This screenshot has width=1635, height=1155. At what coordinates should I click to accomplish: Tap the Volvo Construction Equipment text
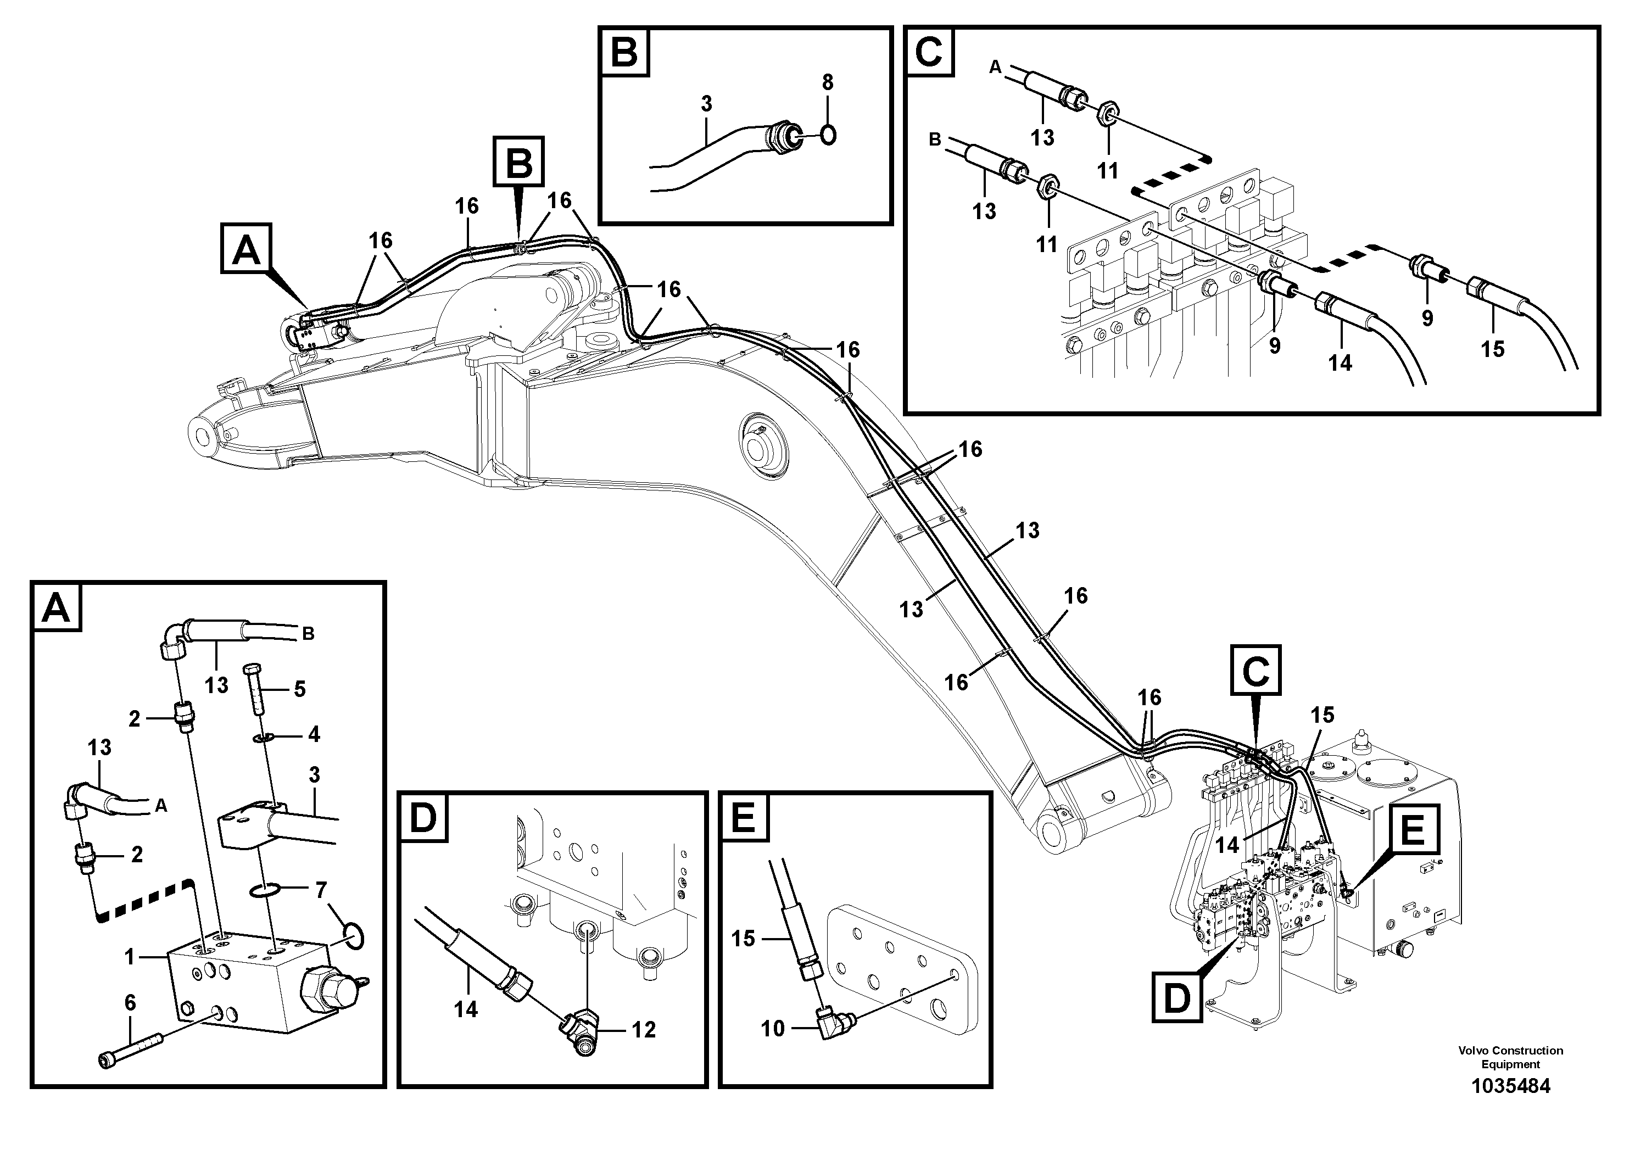(x=1510, y=1057)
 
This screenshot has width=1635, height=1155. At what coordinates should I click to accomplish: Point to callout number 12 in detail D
(x=643, y=1030)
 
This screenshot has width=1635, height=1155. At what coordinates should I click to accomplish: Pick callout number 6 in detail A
(x=130, y=1003)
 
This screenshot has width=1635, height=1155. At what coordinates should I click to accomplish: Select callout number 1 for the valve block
(x=130, y=958)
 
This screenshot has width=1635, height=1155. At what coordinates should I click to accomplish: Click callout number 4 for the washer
(x=314, y=734)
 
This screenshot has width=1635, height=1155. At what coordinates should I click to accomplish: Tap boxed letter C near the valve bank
(x=1255, y=670)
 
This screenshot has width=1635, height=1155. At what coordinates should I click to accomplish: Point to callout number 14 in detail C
(x=1340, y=363)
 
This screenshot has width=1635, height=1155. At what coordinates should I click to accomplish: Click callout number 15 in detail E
(x=742, y=939)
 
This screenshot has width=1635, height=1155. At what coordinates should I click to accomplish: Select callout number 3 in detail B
(x=706, y=104)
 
